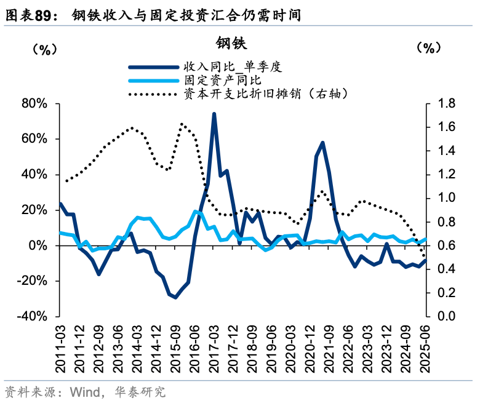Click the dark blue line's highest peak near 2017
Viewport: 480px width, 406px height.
(x=214, y=114)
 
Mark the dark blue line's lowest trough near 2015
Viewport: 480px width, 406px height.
(x=175, y=297)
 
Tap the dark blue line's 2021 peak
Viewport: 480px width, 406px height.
(x=322, y=143)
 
